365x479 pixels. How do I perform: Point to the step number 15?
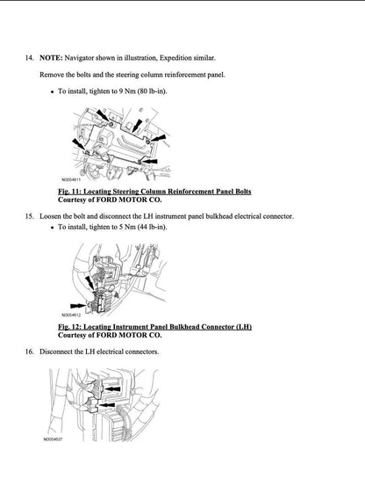click(29, 215)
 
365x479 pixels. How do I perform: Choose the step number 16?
click(29, 352)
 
